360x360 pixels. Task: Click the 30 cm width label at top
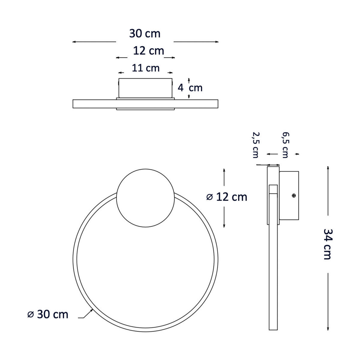(145, 34)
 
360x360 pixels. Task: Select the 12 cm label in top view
(148, 51)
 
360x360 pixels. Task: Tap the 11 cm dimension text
(145, 68)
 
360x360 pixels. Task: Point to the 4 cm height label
(190, 88)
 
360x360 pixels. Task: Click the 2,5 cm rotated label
(255, 145)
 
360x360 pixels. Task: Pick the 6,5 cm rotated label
(285, 145)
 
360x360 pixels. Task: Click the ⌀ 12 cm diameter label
(227, 197)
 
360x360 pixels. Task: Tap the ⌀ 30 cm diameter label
(48, 314)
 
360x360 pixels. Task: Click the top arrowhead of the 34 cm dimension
(328, 167)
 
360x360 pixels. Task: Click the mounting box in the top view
(145, 88)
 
